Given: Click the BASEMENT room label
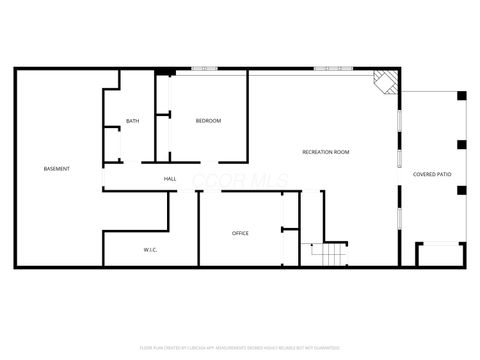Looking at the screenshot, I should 57,168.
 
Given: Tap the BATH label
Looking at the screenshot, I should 132,122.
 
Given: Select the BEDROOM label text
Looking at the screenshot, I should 208,121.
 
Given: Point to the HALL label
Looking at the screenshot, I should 170,179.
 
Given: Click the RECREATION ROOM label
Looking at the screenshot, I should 326,151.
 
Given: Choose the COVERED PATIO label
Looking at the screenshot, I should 432,174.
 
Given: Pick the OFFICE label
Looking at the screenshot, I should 240,233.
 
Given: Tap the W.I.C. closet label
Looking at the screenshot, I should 149,250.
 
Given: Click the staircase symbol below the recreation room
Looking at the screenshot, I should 327,255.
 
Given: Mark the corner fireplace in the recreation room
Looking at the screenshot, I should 384,82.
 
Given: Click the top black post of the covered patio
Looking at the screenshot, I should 461,96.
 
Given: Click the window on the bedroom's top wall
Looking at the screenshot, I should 205,69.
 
